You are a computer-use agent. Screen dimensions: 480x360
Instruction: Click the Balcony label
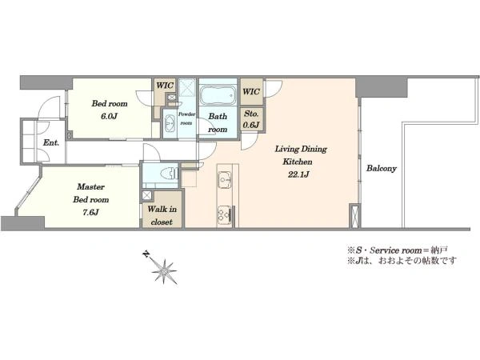click(x=382, y=168)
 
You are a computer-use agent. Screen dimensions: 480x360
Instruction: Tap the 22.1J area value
click(x=298, y=174)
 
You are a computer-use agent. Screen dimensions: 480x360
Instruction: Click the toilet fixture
click(x=169, y=174)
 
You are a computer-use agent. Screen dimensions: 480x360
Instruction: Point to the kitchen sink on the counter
click(x=224, y=179)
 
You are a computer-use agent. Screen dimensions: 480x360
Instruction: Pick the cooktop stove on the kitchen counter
click(x=225, y=214)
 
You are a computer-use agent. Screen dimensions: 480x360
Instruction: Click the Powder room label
click(x=186, y=118)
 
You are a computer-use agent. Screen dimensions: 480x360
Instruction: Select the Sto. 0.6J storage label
click(x=251, y=119)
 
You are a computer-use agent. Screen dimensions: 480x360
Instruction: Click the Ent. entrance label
click(x=51, y=142)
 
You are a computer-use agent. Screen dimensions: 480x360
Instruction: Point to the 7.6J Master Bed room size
click(x=90, y=212)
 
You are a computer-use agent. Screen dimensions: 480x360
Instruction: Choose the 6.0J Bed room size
click(x=110, y=116)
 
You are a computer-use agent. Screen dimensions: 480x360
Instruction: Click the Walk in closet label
click(x=162, y=215)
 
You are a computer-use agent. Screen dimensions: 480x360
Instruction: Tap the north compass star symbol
click(x=165, y=271)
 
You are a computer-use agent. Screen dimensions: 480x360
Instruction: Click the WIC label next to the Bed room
click(x=165, y=85)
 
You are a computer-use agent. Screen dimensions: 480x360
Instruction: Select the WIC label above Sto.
click(x=251, y=91)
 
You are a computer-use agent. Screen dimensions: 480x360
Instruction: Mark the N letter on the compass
click(x=146, y=254)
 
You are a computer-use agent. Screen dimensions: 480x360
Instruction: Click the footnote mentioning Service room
click(x=398, y=250)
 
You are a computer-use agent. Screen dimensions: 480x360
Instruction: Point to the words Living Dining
click(x=301, y=149)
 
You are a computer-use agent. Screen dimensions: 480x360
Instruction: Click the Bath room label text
click(x=218, y=122)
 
